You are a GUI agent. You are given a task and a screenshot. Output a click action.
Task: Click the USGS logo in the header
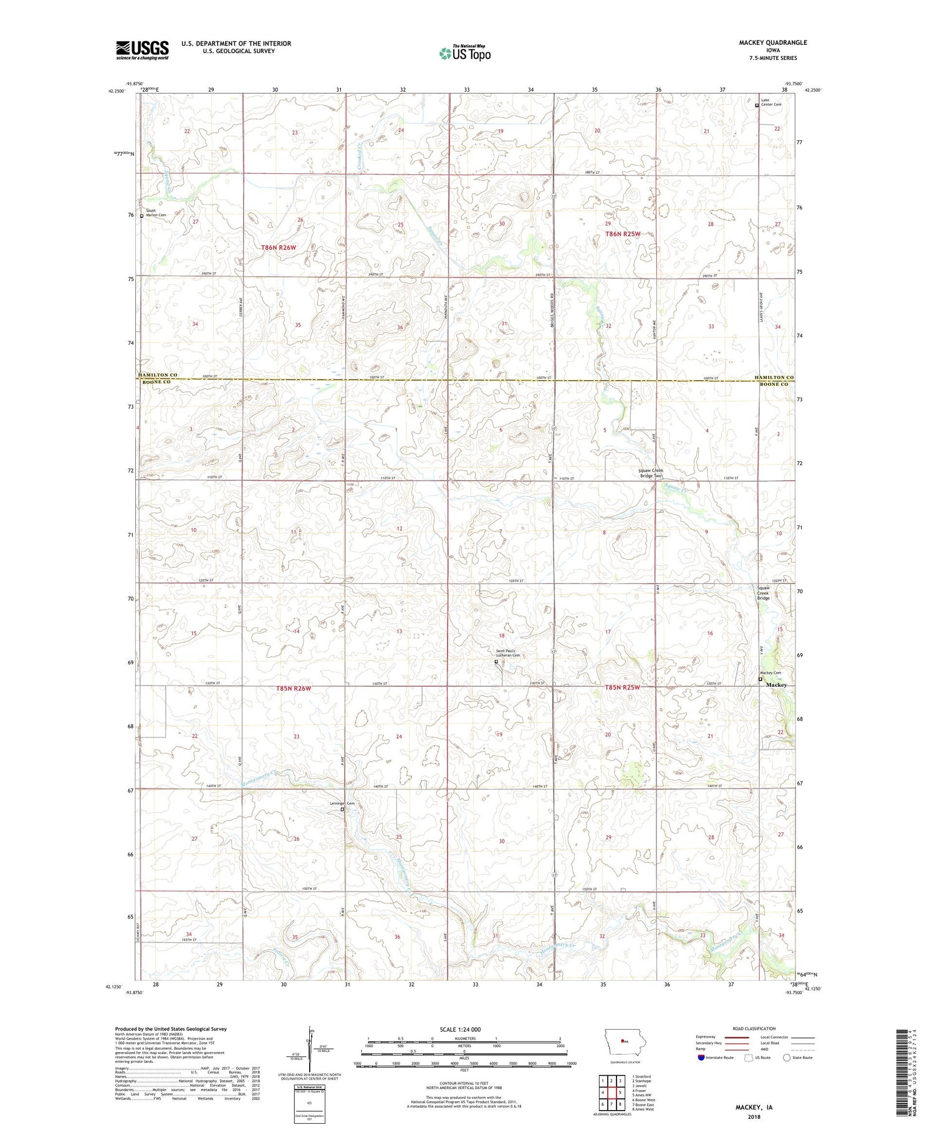(142, 50)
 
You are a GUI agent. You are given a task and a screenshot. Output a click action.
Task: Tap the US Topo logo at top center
(464, 54)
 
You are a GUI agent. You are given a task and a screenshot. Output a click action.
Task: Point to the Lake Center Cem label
(770, 102)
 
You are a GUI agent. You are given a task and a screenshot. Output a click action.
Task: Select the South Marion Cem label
(155, 213)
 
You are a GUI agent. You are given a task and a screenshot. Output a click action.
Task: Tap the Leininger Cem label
(342, 803)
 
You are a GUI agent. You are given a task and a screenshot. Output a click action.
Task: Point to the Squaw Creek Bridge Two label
(650, 473)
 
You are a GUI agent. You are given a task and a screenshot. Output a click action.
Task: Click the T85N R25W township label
(622, 687)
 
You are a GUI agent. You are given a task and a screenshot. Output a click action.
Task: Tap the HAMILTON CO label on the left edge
(156, 375)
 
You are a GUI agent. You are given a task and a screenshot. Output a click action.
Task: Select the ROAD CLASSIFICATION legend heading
(754, 1028)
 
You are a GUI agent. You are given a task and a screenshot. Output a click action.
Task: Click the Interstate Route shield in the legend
(701, 1058)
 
